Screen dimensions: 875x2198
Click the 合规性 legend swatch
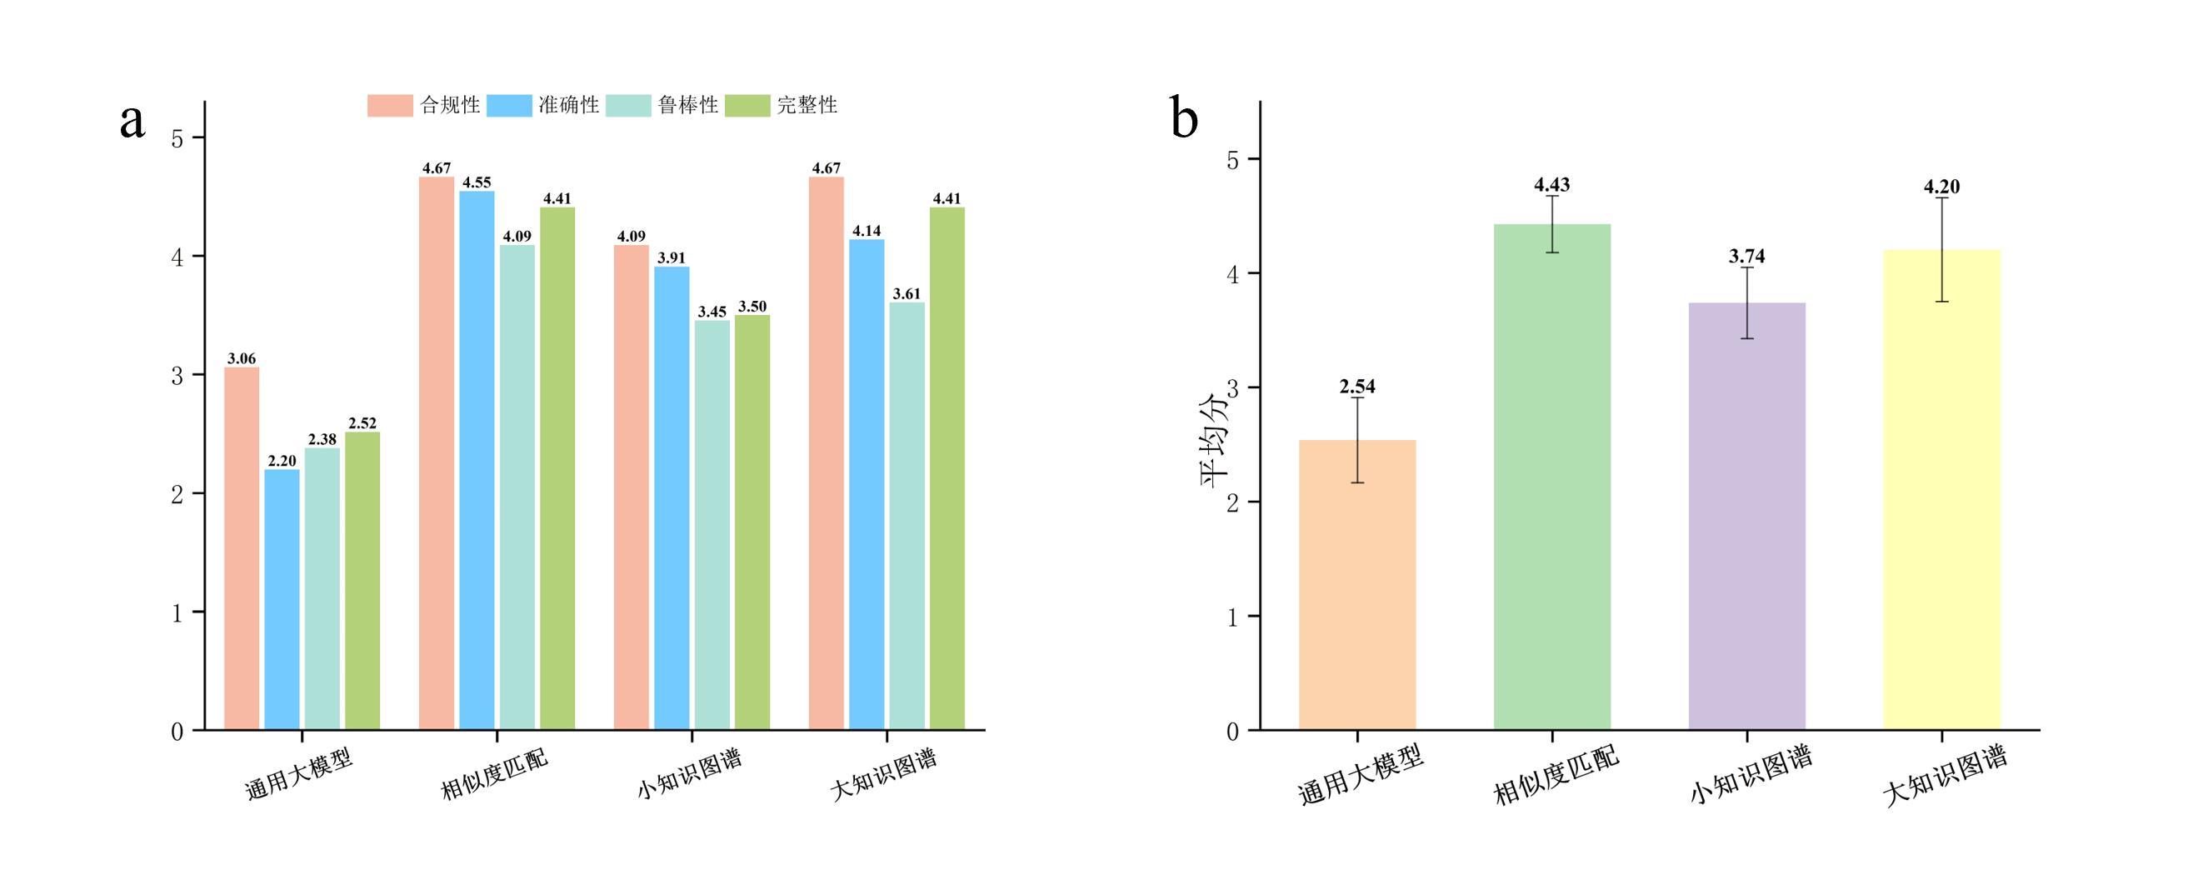(x=390, y=105)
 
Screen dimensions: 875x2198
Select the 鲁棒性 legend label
(x=687, y=105)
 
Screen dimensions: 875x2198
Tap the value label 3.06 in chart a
(x=242, y=358)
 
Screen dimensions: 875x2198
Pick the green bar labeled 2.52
(x=362, y=581)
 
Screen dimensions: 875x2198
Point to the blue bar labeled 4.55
(x=477, y=460)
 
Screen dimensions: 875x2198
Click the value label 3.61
(x=907, y=293)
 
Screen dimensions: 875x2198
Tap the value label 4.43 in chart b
(x=1551, y=185)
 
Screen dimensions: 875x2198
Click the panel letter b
(x=1184, y=119)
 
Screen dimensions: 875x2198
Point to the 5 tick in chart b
(x=1232, y=160)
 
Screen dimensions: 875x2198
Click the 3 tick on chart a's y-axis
(x=177, y=376)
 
